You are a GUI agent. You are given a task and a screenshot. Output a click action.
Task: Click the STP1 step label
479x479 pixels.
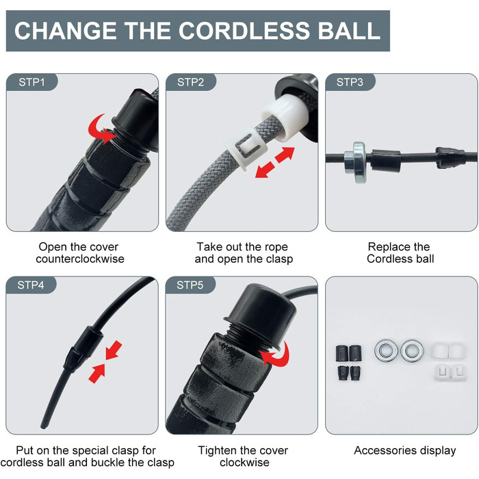31,82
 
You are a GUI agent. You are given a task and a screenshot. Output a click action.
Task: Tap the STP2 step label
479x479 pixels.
191,82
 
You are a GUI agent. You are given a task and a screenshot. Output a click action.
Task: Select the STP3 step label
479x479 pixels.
350,82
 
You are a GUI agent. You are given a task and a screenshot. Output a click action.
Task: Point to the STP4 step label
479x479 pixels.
31,285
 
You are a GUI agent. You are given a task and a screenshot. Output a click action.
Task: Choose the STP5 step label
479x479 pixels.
190,285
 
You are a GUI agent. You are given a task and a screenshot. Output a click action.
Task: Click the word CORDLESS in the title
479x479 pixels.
244,31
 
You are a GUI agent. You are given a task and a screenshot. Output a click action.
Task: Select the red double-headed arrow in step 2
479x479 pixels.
274,163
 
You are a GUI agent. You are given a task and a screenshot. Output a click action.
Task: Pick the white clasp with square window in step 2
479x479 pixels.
246,148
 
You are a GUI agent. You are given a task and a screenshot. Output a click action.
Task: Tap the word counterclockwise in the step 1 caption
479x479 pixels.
80,259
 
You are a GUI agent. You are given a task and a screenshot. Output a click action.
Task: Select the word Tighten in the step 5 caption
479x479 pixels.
217,450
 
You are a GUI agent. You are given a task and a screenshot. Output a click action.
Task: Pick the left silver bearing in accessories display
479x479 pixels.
386,350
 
